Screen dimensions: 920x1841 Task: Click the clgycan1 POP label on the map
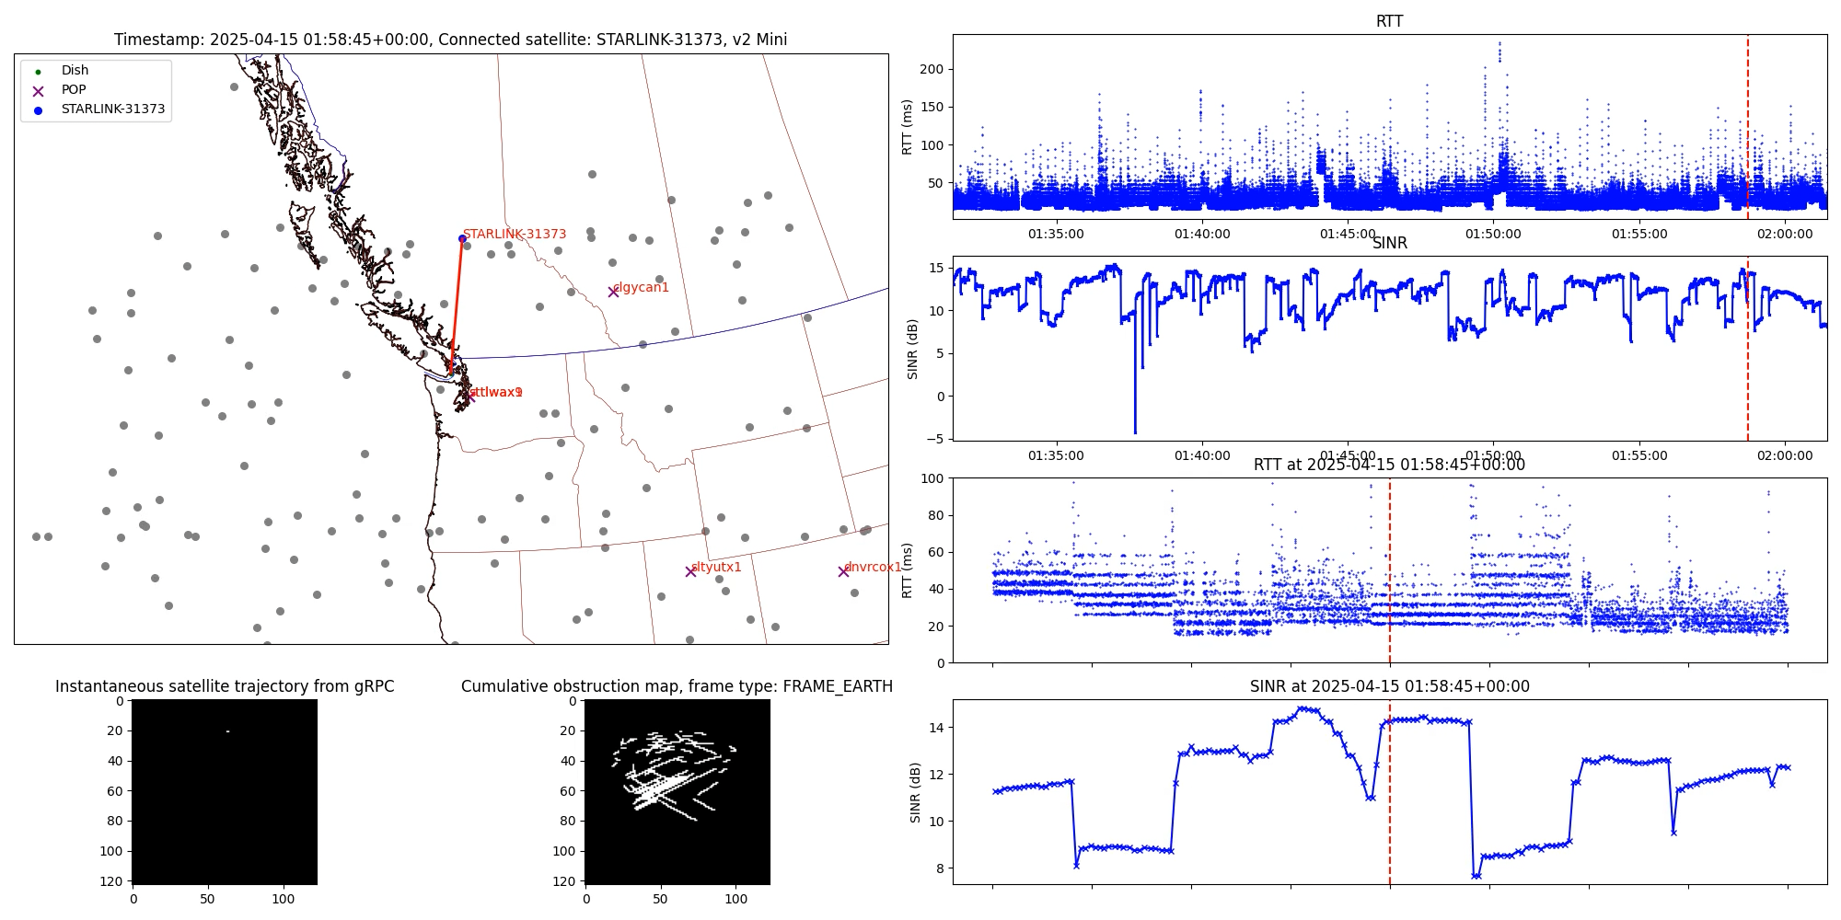[x=641, y=288]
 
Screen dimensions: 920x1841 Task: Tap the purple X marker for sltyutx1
[x=690, y=571]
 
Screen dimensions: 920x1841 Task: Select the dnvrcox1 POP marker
[x=843, y=571]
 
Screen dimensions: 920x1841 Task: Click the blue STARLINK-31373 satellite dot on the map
[x=462, y=239]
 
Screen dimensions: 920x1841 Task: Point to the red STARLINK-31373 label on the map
[x=515, y=235]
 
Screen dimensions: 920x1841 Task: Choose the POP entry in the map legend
[x=74, y=90]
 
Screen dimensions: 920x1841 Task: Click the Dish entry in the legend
[x=75, y=71]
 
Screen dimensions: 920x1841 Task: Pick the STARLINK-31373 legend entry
[x=112, y=109]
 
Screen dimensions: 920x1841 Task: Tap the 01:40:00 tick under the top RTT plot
[x=1201, y=235]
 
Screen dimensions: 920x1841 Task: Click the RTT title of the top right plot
[x=1389, y=21]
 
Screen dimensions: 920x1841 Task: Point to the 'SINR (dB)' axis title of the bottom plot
[x=914, y=792]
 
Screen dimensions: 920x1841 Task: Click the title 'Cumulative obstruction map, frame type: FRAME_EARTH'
[x=677, y=686]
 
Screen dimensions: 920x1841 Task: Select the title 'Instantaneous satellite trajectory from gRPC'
[x=225, y=686]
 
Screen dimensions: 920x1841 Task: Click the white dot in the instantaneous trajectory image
[x=226, y=731]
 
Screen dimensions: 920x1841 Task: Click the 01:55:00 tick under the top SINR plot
[x=1638, y=455]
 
